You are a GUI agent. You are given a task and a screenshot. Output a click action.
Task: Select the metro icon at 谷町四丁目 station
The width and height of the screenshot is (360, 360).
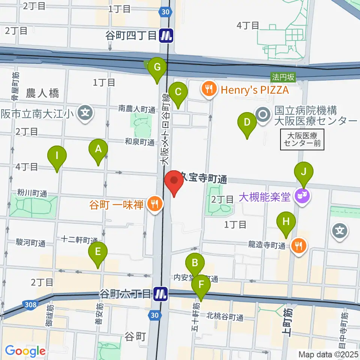(x=165, y=36)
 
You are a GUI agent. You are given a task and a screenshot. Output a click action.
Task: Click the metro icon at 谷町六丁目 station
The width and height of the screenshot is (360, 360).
(x=161, y=294)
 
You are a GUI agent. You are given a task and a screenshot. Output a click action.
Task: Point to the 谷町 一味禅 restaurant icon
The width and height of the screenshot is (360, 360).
(x=154, y=204)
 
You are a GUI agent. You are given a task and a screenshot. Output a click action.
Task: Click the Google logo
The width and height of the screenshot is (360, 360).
(x=25, y=351)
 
